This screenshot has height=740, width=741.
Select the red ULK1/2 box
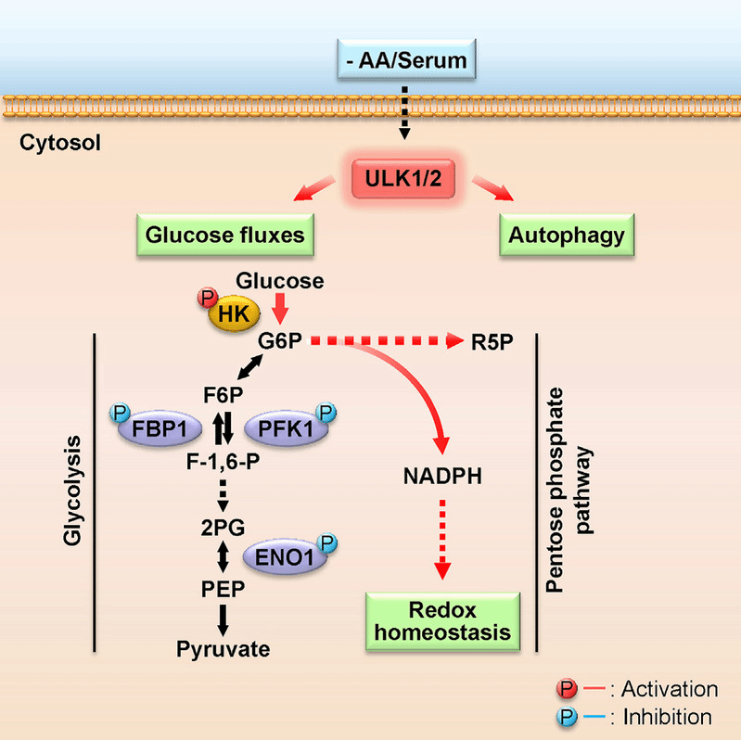point(403,173)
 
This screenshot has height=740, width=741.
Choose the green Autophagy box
point(567,235)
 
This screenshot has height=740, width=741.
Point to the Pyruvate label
point(224,648)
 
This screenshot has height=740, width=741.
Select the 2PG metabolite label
point(224,524)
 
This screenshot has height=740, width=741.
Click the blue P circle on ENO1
point(326,541)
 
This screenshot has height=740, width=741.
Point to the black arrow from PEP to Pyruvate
point(224,618)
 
